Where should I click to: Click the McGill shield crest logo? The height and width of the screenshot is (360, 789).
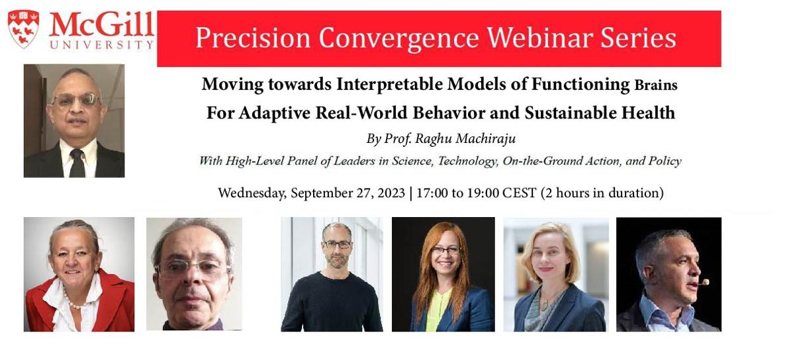(23, 28)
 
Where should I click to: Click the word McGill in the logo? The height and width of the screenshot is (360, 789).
(101, 25)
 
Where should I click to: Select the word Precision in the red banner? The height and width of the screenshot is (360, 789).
(252, 38)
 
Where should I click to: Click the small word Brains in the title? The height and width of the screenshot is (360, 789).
(655, 85)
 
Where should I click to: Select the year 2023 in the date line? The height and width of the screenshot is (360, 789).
(383, 193)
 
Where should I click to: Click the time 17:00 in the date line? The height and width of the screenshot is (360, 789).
(432, 193)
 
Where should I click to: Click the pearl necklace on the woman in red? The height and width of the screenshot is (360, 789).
(77, 302)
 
